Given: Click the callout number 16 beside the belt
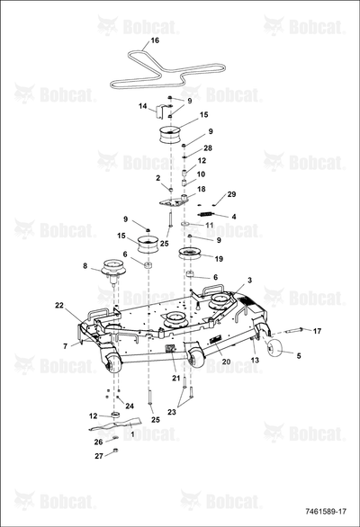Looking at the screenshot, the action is tap(155, 40).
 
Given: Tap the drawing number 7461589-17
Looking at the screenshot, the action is tap(325, 512).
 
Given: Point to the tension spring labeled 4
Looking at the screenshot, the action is tap(205, 214).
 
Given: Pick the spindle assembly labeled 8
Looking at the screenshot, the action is tap(112, 269).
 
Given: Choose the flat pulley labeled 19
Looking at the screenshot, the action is tap(191, 253).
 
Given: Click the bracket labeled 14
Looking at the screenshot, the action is tap(160, 112).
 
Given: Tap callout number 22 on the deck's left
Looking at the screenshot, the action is tap(59, 305).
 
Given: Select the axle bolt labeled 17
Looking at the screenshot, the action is tap(294, 330).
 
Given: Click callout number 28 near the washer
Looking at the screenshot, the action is tap(208, 147).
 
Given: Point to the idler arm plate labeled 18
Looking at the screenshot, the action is tap(174, 201).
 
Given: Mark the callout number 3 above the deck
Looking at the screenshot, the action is tap(249, 281).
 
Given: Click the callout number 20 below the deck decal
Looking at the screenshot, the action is tap(226, 362).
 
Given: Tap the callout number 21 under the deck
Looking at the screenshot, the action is tap(176, 378).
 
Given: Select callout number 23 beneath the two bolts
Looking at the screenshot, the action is tap(172, 412).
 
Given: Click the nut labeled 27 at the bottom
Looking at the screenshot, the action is tap(114, 451).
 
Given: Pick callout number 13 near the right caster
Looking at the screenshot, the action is tap(256, 360).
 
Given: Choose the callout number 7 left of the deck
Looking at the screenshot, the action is tap(66, 346).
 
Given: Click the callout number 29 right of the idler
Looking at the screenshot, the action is tap(231, 194).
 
